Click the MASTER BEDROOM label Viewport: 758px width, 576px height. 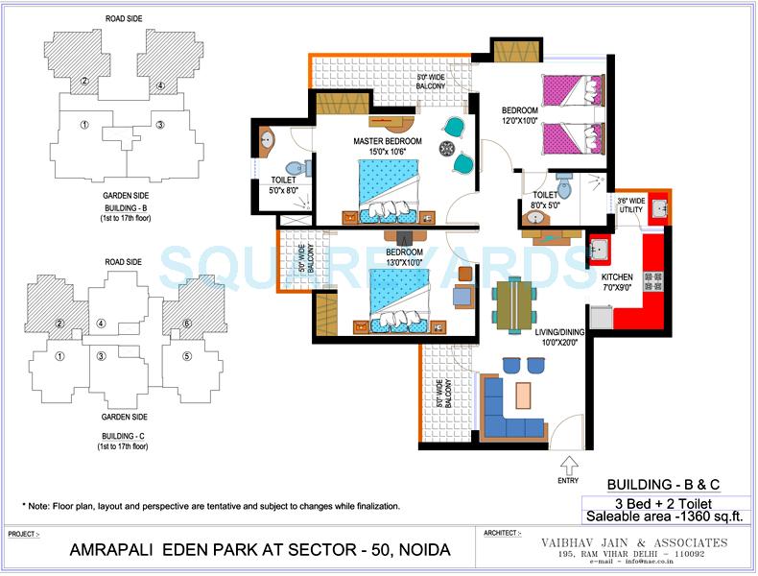(387, 141)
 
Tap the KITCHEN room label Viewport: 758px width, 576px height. (616, 276)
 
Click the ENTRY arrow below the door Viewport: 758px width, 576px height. (568, 467)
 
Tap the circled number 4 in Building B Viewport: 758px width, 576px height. (160, 86)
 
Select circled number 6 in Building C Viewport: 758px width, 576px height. (187, 324)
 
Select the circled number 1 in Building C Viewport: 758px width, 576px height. (59, 357)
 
